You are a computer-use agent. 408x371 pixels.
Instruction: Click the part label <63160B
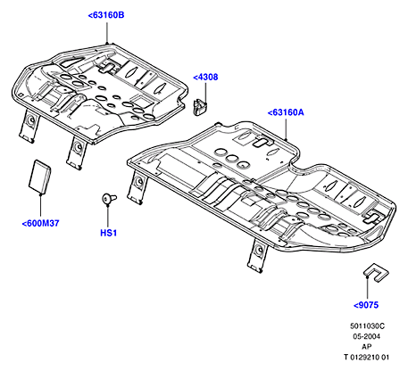pos(106,15)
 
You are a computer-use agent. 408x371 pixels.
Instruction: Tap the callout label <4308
pos(205,77)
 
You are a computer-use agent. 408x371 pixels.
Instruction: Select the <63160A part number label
pos(286,112)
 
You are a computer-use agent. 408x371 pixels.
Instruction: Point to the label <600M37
pos(40,223)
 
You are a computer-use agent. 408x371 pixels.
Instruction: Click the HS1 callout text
pos(108,233)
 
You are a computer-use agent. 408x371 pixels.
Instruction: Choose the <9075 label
pos(366,305)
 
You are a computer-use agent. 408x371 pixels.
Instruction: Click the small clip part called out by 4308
pos(200,107)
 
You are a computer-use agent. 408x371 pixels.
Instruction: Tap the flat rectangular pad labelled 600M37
pos(40,177)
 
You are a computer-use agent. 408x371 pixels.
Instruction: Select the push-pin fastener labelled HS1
pos(109,198)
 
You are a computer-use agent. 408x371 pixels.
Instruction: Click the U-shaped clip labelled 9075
pos(376,272)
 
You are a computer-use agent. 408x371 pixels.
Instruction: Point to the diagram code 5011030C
pos(367,326)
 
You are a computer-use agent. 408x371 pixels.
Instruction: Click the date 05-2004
pos(367,336)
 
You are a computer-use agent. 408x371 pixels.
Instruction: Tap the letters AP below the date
pos(367,347)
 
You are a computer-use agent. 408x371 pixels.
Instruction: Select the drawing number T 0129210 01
pos(366,357)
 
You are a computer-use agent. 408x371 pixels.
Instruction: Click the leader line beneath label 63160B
pos(107,32)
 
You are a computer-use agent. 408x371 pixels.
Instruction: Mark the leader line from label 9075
pos(368,288)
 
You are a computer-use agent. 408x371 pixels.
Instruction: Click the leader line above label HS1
pos(108,215)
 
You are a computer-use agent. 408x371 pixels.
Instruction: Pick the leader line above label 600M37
pos(40,206)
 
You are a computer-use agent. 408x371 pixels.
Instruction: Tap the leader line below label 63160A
pos(286,129)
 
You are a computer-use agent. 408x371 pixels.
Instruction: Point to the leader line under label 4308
pos(205,93)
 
